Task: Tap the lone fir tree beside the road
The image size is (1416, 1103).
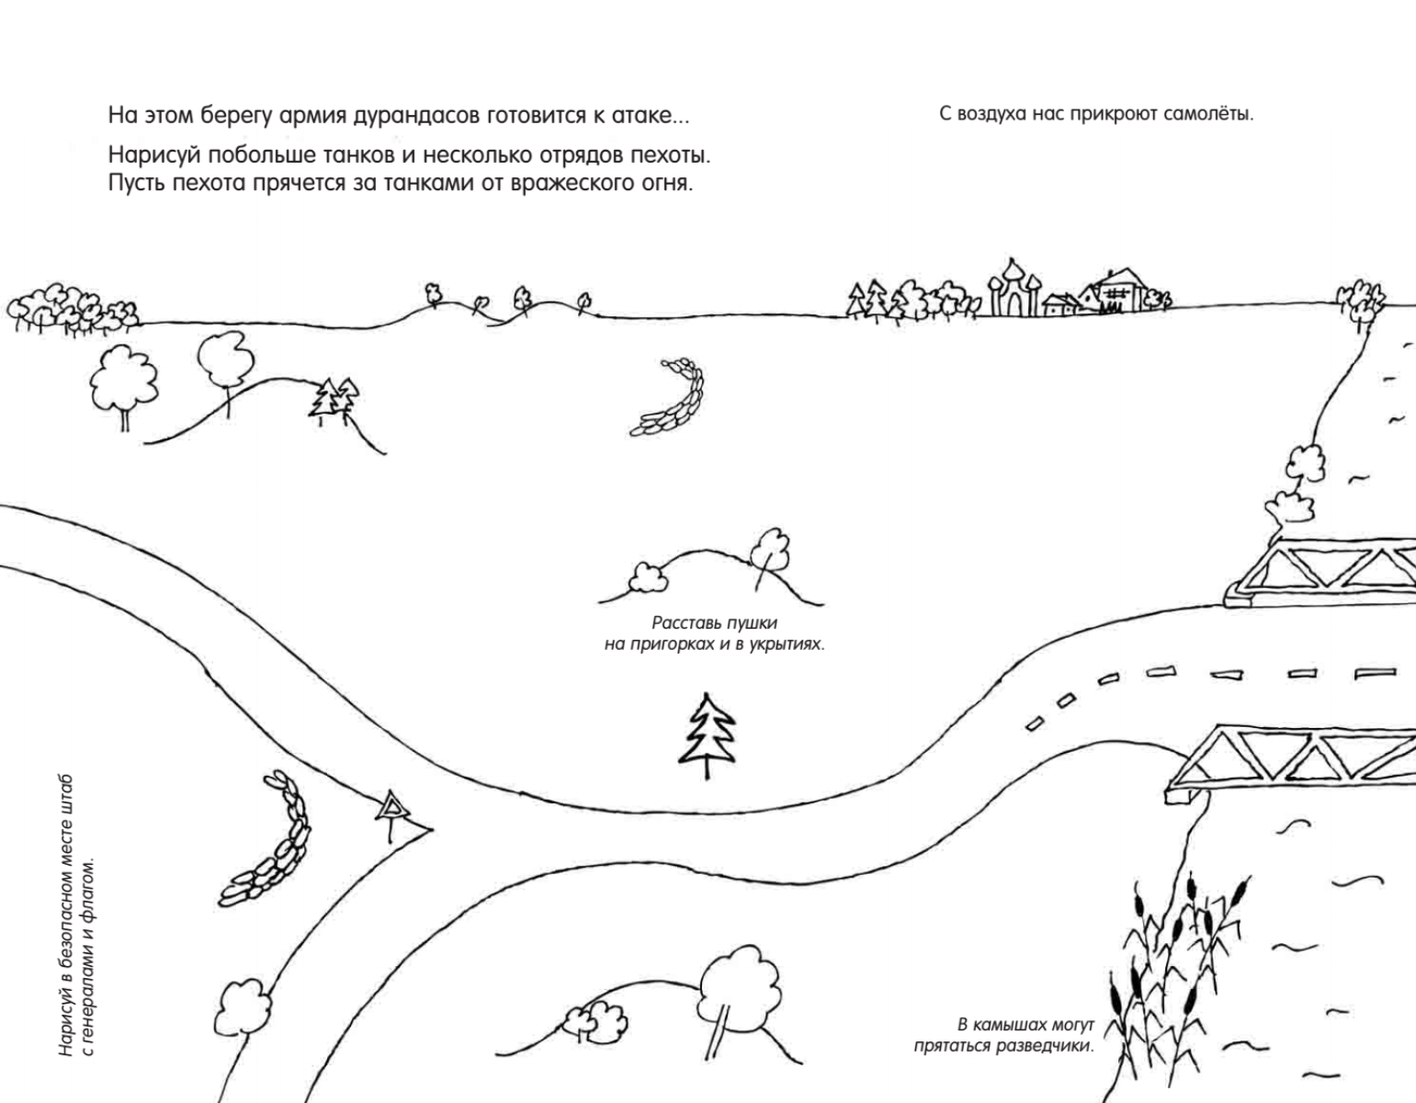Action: click(707, 735)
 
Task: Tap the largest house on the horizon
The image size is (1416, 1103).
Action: click(1116, 290)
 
